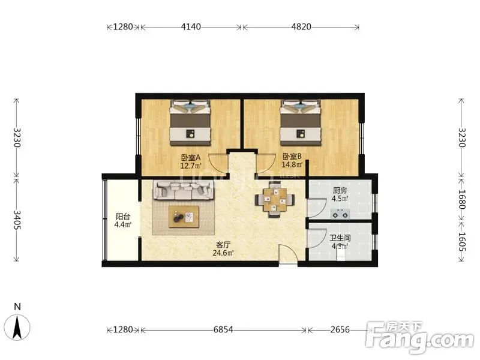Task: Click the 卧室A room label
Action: point(190,158)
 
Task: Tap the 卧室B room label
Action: point(292,157)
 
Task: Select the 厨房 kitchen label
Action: point(340,190)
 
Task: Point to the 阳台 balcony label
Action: point(123,217)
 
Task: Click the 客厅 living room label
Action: point(223,245)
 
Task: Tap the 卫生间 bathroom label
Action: point(340,238)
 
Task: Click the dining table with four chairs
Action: point(275,199)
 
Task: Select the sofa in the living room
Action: point(184,190)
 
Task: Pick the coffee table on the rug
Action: point(184,217)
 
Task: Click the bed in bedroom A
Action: point(190,122)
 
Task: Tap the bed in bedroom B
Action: point(301,122)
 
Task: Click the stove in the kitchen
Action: point(340,214)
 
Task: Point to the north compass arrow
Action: point(18,327)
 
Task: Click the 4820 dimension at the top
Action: point(301,27)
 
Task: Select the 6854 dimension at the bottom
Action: point(223,329)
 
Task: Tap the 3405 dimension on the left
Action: point(17,220)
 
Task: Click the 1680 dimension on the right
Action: point(461,199)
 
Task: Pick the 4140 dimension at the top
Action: point(191,27)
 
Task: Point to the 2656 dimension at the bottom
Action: point(340,329)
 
